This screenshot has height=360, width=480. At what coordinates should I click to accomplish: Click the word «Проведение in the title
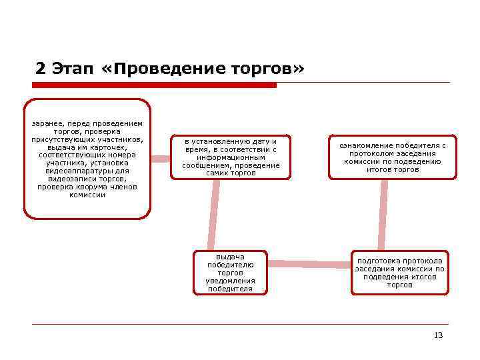tap(156, 69)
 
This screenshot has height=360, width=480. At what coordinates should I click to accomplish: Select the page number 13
tap(438, 335)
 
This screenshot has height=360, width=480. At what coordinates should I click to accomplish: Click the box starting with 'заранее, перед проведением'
tap(87, 159)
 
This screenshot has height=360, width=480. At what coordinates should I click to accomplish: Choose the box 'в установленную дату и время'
tap(231, 157)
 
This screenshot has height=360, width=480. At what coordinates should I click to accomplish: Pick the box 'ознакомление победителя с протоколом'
tap(393, 157)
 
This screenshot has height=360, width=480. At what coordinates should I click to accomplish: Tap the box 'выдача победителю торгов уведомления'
tap(230, 273)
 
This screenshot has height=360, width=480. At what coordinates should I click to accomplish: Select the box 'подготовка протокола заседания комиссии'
tap(399, 272)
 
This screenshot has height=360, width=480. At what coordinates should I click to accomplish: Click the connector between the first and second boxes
tap(161, 159)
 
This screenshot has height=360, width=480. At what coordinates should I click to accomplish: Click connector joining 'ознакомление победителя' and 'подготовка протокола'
tap(383, 215)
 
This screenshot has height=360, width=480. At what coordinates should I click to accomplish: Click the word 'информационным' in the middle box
tap(231, 157)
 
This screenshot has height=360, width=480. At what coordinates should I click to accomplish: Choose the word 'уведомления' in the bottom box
tap(230, 281)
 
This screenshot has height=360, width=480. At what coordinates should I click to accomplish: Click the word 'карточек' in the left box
tap(108, 147)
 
